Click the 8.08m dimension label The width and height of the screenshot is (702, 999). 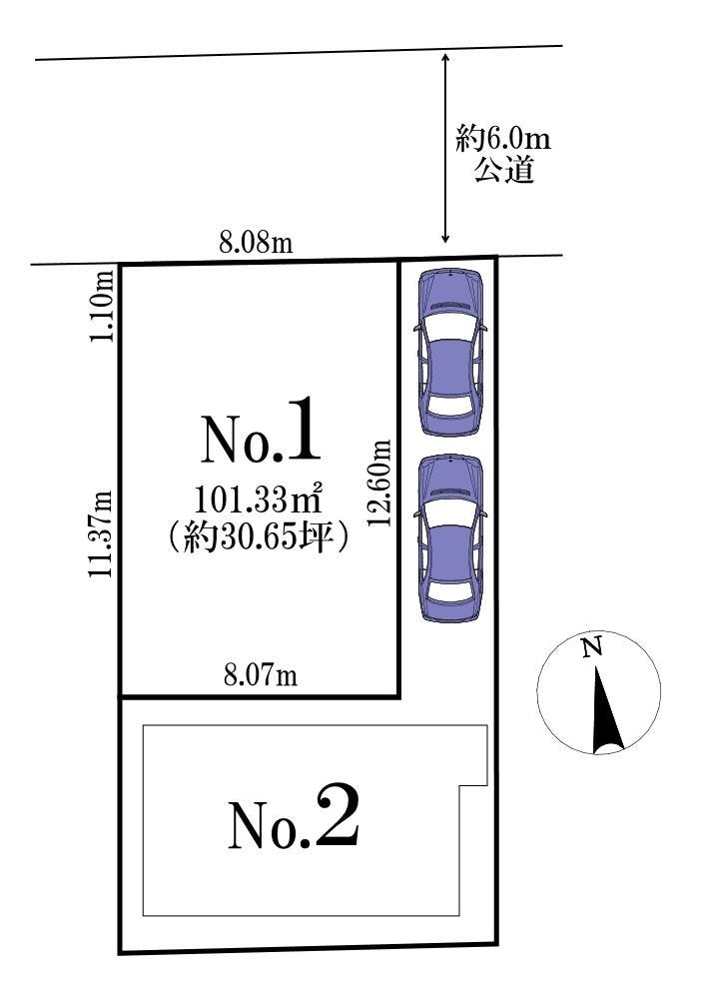(x=256, y=243)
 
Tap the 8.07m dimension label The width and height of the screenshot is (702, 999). (x=260, y=674)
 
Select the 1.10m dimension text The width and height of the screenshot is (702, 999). (x=102, y=307)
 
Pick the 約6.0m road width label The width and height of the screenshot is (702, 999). (x=503, y=138)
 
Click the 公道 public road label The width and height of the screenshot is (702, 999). (x=503, y=170)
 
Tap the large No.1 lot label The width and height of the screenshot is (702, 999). (x=261, y=432)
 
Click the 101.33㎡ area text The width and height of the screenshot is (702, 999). (x=257, y=500)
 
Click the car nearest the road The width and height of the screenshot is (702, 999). (x=450, y=353)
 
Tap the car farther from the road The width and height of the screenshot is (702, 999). (x=450, y=538)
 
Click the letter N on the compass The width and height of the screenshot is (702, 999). (x=592, y=648)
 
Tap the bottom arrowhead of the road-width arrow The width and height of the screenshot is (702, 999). (x=445, y=239)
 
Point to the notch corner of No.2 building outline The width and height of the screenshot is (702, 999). (x=460, y=784)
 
